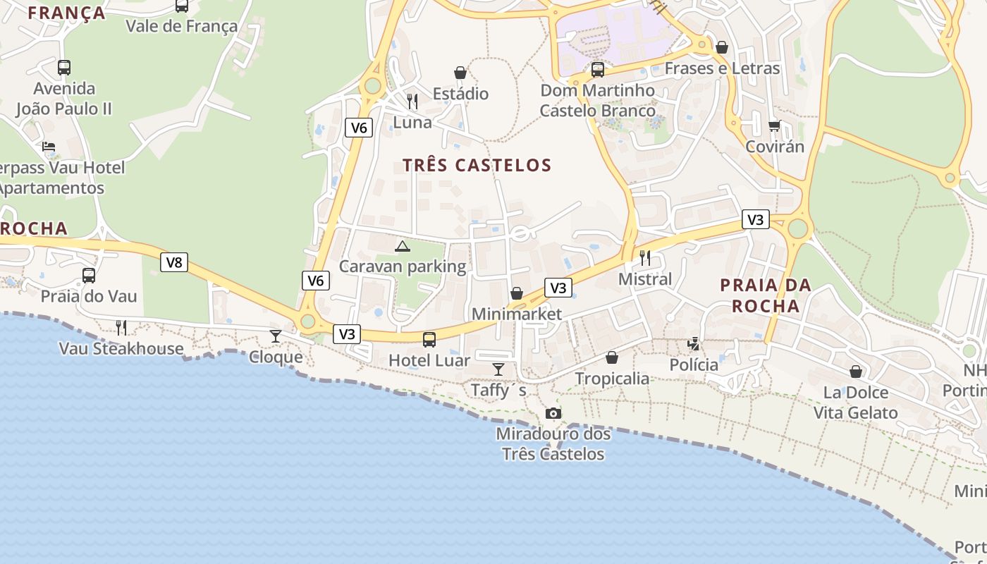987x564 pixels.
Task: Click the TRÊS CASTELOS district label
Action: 477,166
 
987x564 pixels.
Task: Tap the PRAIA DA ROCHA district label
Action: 765,295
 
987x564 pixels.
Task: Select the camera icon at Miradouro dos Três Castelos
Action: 553,413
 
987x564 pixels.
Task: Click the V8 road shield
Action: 173,263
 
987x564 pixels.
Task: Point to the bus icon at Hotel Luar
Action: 429,340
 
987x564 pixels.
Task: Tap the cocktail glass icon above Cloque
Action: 276,336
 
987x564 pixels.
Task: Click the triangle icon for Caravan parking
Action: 402,246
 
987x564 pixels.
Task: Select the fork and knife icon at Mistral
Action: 644,258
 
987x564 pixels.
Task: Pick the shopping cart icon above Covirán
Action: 774,126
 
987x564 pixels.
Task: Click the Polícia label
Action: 694,364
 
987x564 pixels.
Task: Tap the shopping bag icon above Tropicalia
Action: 612,357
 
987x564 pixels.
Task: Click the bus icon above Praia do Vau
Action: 89,276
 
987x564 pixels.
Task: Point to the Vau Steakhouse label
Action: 121,348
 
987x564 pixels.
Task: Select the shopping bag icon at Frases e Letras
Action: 721,48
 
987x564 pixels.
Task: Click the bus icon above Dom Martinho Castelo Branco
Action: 598,70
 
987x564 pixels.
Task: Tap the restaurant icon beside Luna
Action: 412,102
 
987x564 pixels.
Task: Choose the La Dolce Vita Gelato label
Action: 856,403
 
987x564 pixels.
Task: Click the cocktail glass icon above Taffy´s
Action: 498,369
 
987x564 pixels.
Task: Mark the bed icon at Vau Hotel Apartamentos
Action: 49,147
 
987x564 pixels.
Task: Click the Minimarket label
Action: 517,314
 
